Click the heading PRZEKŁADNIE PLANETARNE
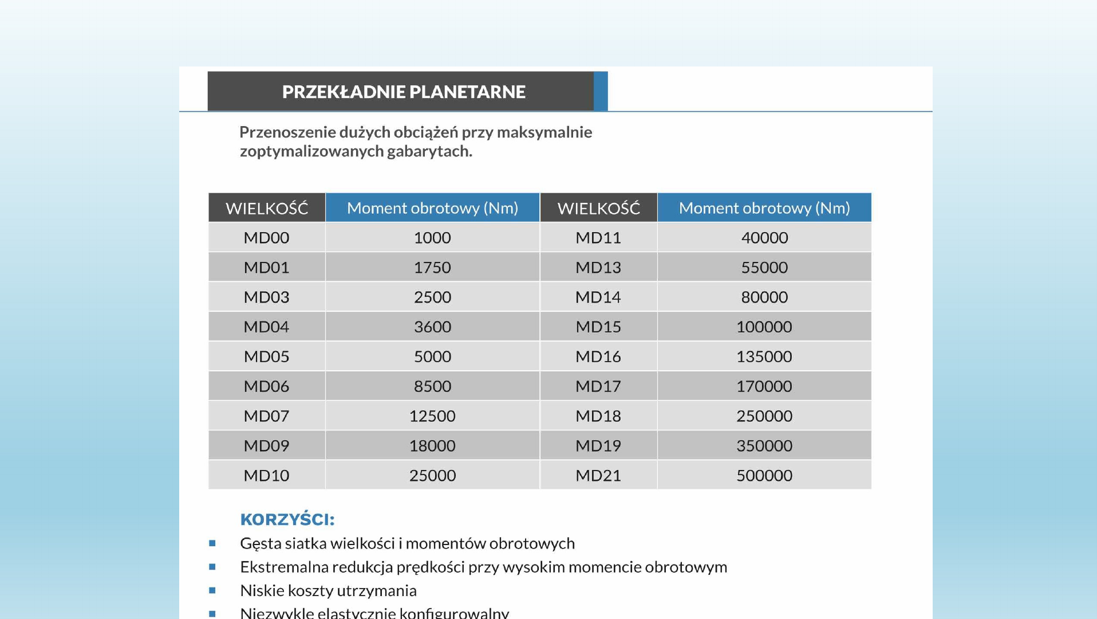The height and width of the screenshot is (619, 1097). tap(403, 92)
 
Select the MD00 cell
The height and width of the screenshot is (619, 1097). tap(266, 238)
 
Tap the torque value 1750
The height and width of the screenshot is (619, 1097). tap(432, 268)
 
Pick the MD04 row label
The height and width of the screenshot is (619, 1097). tap(266, 327)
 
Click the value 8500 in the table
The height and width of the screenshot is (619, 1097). tap(432, 386)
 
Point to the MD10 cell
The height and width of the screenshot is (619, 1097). tap(266, 476)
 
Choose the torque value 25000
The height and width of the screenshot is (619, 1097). tap(432, 476)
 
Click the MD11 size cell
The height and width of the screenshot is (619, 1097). tap(598, 238)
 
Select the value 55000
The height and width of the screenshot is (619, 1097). tap(764, 268)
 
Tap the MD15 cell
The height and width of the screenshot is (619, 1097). tap(598, 327)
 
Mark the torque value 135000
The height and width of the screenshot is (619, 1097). tap(764, 356)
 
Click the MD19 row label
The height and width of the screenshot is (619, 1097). tap(598, 446)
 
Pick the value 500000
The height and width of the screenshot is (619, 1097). tap(764, 476)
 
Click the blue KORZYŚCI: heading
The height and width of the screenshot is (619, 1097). tap(287, 519)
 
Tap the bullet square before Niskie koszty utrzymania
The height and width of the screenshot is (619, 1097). tap(212, 590)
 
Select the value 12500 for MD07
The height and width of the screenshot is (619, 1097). tap(432, 416)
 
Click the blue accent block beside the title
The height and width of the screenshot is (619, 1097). tap(601, 91)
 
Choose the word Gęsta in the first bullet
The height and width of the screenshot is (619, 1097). tap(261, 543)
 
